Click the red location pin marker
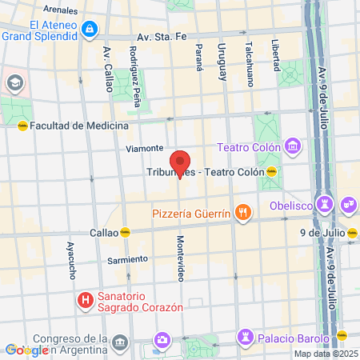coord(181,163)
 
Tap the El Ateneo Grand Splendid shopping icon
coord(89,30)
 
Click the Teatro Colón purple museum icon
coord(293,146)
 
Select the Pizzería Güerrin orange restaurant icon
coord(243,213)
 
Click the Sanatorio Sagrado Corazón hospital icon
coord(84,300)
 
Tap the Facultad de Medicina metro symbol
coord(22,126)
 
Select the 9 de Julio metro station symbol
coord(353,233)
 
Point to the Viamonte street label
coord(145,148)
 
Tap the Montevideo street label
coord(181,258)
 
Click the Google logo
coord(26,350)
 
